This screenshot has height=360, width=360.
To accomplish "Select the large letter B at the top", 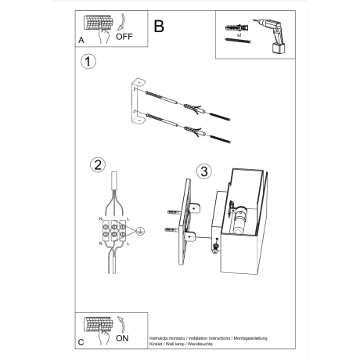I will [x=159, y=26].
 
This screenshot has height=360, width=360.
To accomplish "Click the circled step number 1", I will [x=89, y=63].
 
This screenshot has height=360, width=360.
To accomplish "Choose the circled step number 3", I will [x=203, y=171].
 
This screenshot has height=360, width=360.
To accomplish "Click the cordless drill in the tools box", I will [x=265, y=34].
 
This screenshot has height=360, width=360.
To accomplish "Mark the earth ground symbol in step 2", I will [x=139, y=232].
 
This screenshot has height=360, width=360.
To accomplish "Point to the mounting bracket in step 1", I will [x=139, y=101].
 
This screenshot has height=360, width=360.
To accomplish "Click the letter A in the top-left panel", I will [x=82, y=39].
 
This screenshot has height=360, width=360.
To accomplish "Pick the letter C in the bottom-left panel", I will [x=82, y=343].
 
